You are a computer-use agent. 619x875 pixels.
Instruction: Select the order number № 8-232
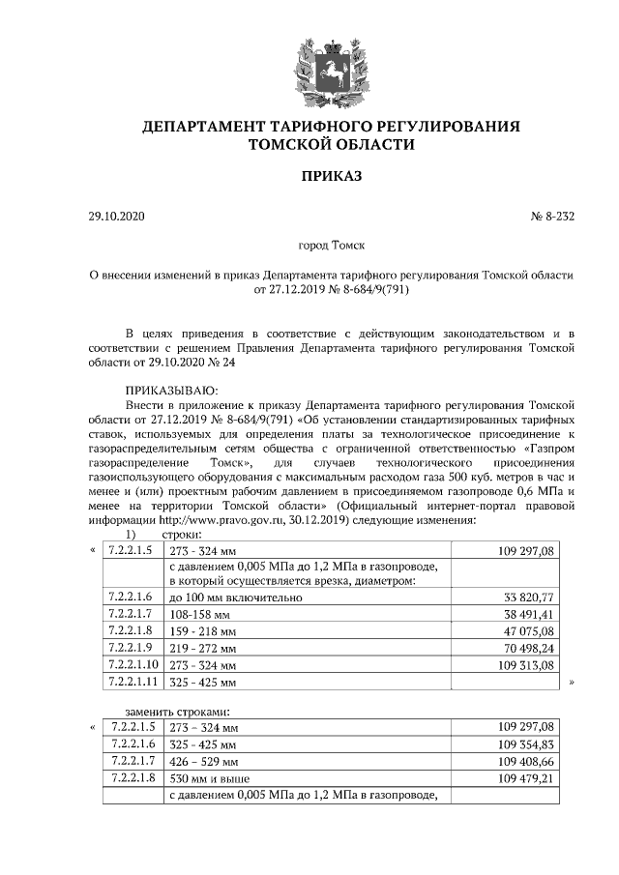(x=552, y=217)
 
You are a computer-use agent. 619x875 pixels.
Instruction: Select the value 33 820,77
(x=528, y=598)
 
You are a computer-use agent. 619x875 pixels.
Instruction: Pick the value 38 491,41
(x=528, y=615)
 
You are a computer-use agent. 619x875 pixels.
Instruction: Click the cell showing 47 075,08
(x=528, y=631)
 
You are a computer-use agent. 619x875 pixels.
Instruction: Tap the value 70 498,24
(x=528, y=649)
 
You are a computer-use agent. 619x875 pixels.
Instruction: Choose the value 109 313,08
(x=525, y=665)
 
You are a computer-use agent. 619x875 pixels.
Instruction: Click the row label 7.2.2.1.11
(x=133, y=683)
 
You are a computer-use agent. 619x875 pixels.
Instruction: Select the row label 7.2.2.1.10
(x=133, y=665)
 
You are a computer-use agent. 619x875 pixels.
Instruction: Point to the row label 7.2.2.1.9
(x=132, y=649)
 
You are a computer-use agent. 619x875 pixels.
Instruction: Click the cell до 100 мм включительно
(x=236, y=598)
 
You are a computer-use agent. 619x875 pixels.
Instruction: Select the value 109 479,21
(x=525, y=778)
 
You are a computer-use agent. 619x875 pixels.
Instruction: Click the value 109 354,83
(x=525, y=744)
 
